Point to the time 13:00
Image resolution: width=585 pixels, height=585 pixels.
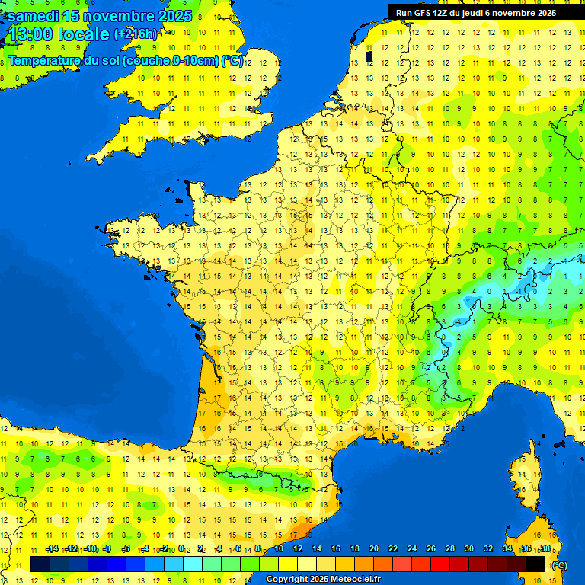33,34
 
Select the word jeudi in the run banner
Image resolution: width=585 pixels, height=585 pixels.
483,13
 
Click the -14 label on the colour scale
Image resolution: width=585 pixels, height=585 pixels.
52,548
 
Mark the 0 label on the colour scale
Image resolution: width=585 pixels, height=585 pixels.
182,548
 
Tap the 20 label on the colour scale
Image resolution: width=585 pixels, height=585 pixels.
373,548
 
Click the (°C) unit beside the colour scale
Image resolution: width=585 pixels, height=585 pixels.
559,564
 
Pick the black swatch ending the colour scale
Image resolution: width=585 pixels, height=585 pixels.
535,564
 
